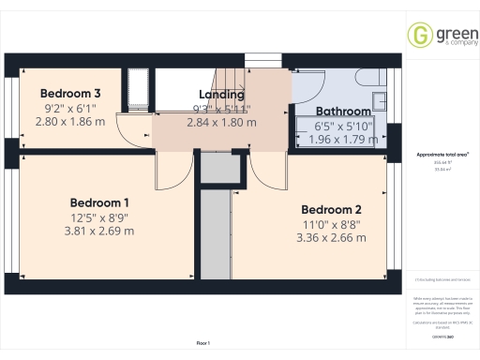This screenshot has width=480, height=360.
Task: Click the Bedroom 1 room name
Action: [99, 202]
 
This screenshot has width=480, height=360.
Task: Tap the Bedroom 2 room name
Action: [331, 210]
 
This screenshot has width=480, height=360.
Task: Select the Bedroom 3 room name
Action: [70, 94]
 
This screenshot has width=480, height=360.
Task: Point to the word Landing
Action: [222, 95]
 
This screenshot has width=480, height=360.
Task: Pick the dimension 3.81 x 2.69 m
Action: [99, 232]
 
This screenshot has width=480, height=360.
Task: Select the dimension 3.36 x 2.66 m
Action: [331, 238]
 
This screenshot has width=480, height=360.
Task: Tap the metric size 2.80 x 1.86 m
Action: [70, 121]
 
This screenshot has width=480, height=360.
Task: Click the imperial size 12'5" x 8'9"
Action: [99, 217]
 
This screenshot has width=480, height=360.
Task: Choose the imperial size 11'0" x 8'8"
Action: [331, 224]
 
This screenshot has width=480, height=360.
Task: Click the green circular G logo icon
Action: [419, 35]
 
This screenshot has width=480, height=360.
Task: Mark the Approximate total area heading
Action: [442, 155]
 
